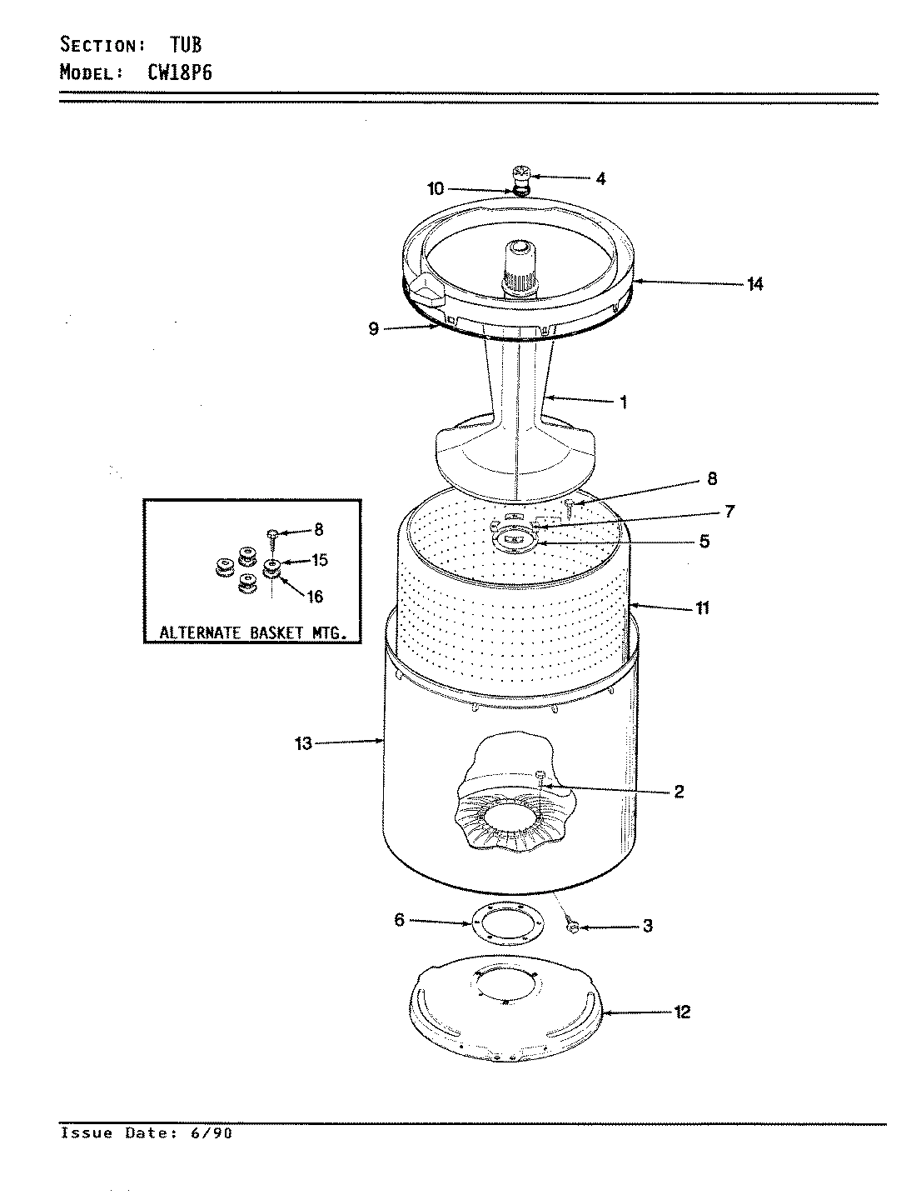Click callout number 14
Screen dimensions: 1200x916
click(754, 285)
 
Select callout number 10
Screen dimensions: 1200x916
click(436, 189)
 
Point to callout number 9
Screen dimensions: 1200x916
click(374, 329)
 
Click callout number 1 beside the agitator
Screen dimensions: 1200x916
click(623, 402)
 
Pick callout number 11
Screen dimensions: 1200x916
click(702, 608)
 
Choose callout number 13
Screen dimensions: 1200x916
click(303, 743)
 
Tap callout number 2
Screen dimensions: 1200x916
click(679, 792)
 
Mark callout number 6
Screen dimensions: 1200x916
click(399, 920)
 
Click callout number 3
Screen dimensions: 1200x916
click(648, 926)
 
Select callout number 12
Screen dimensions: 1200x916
click(682, 1012)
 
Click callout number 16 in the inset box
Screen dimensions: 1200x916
click(316, 597)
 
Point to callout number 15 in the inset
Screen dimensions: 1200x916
click(319, 561)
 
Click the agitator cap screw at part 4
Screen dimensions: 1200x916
click(520, 174)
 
